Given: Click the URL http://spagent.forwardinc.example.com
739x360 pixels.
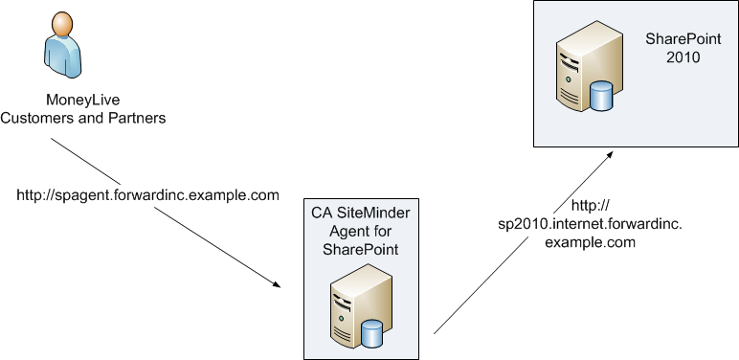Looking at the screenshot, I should click(x=148, y=194).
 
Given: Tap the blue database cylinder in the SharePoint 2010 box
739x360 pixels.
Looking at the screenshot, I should click(x=601, y=96).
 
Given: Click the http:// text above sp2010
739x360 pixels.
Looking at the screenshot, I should click(x=590, y=206).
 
